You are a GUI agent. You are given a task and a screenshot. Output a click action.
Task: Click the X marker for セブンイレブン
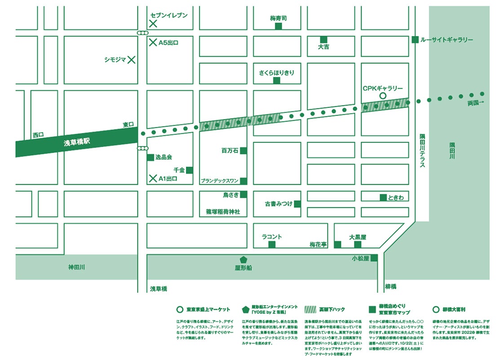tap(153, 24)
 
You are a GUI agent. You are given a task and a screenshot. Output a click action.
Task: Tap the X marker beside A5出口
tap(153, 43)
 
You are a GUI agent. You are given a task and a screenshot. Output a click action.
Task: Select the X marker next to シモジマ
tap(132, 59)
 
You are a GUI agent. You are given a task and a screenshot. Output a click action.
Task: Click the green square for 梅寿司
tap(279, 27)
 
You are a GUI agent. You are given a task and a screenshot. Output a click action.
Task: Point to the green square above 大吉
tap(323, 40)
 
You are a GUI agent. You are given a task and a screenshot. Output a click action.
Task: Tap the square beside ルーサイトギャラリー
tap(415, 40)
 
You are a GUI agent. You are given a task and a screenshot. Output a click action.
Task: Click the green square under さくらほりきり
tap(277, 80)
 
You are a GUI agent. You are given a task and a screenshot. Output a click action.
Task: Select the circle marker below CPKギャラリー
tap(383, 96)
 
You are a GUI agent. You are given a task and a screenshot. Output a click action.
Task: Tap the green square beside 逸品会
tap(150, 157)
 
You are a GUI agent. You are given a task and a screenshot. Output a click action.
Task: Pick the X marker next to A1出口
tap(153, 178)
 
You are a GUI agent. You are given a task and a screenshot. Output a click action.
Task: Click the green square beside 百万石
tap(243, 151)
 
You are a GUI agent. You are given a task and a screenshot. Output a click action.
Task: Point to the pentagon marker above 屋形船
tap(243, 260)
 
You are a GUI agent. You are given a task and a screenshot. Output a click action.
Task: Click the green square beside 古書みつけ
tap(297, 204)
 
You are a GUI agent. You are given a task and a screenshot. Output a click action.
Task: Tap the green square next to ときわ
tap(383, 197)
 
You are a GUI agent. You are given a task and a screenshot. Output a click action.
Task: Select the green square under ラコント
tap(272, 244)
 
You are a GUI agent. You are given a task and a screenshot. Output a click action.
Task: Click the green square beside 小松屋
tap(373, 258)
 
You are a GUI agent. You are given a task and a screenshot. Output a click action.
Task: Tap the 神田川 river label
tap(76, 267)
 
